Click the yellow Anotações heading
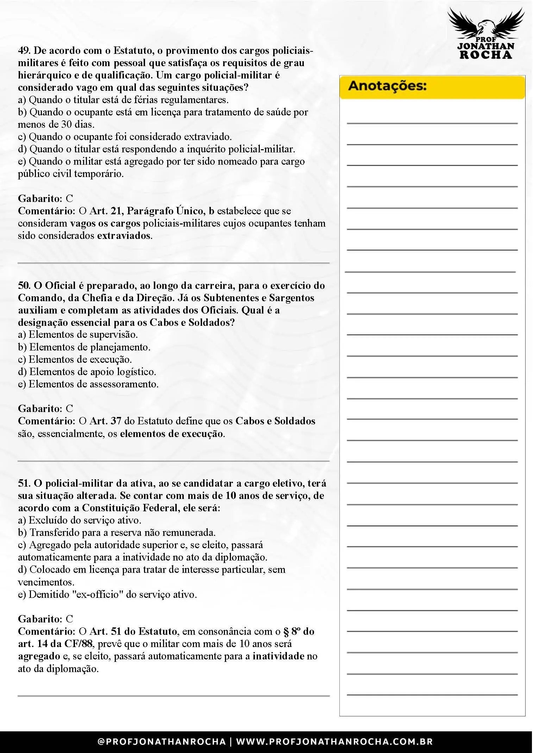[387, 86]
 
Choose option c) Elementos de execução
[75, 359]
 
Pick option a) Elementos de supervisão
[78, 334]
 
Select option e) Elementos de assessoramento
[88, 384]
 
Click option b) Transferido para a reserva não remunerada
[117, 532]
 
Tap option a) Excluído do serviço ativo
[80, 520]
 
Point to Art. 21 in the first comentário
[105, 211]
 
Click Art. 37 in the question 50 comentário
[105, 421]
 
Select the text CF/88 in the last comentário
[78, 644]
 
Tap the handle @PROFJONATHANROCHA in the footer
[162, 741]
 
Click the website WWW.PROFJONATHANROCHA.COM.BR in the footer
[334, 741]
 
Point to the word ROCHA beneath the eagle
[486, 55]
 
